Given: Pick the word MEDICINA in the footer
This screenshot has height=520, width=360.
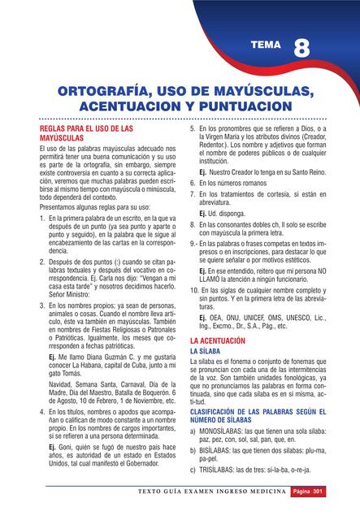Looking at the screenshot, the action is point(264,492).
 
